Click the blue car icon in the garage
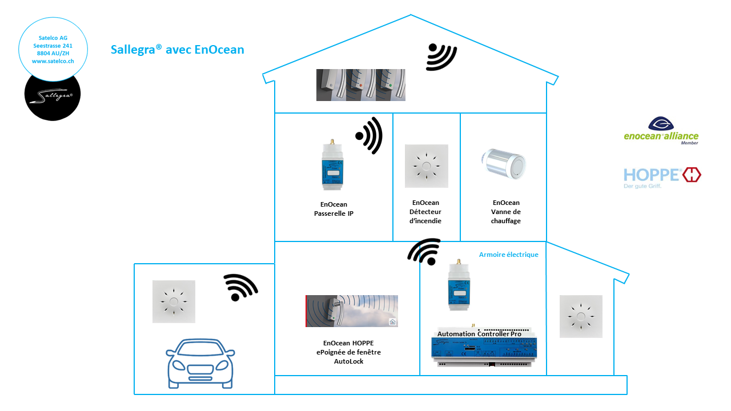tap(200, 364)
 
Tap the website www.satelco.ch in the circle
tap(53, 61)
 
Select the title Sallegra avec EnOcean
tap(177, 50)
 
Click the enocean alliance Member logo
tap(661, 131)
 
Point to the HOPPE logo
tap(662, 178)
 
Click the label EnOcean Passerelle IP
tap(334, 209)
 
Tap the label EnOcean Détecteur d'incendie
tap(425, 212)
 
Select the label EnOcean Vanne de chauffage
tap(506, 212)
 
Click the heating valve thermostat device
tap(504, 164)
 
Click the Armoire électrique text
tap(508, 255)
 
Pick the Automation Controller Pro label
tap(479, 334)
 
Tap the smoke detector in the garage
tap(174, 301)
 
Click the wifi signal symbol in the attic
tap(441, 57)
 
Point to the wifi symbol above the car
tap(240, 287)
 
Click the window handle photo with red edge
tap(351, 311)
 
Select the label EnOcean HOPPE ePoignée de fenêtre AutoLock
tap(348, 352)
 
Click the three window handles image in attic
tap(360, 85)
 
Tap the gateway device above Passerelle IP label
tap(332, 165)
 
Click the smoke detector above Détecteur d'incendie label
tap(426, 166)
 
